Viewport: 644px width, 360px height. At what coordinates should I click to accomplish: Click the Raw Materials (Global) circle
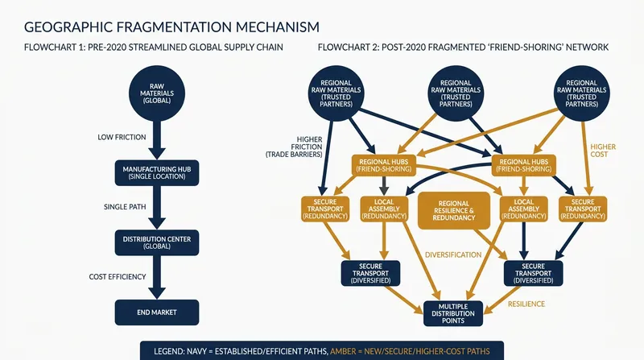(x=157, y=93)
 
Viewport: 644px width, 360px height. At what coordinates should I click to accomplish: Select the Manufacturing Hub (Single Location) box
(x=157, y=172)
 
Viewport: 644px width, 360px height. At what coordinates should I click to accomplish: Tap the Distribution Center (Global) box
(x=157, y=242)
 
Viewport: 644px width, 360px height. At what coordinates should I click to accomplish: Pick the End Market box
(x=157, y=312)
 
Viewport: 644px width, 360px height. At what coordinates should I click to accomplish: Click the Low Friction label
(x=122, y=137)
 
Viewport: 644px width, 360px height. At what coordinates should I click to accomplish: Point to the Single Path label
(x=125, y=207)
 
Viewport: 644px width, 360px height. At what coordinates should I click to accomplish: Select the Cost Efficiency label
(x=118, y=276)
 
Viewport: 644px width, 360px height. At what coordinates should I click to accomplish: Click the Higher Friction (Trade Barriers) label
(x=294, y=147)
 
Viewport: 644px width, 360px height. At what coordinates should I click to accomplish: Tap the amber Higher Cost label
(x=603, y=151)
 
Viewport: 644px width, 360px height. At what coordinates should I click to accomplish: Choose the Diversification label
(x=453, y=254)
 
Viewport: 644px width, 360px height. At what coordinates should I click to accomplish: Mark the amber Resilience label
(x=526, y=304)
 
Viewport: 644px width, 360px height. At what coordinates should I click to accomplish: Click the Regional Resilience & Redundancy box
(x=454, y=210)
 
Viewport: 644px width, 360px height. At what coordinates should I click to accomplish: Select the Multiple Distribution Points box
(x=453, y=313)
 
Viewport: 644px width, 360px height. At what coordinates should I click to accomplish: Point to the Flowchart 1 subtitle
(x=154, y=48)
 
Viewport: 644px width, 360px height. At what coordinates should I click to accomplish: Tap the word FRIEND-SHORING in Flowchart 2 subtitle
(x=522, y=48)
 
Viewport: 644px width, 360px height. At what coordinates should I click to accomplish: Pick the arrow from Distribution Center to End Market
(x=157, y=277)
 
